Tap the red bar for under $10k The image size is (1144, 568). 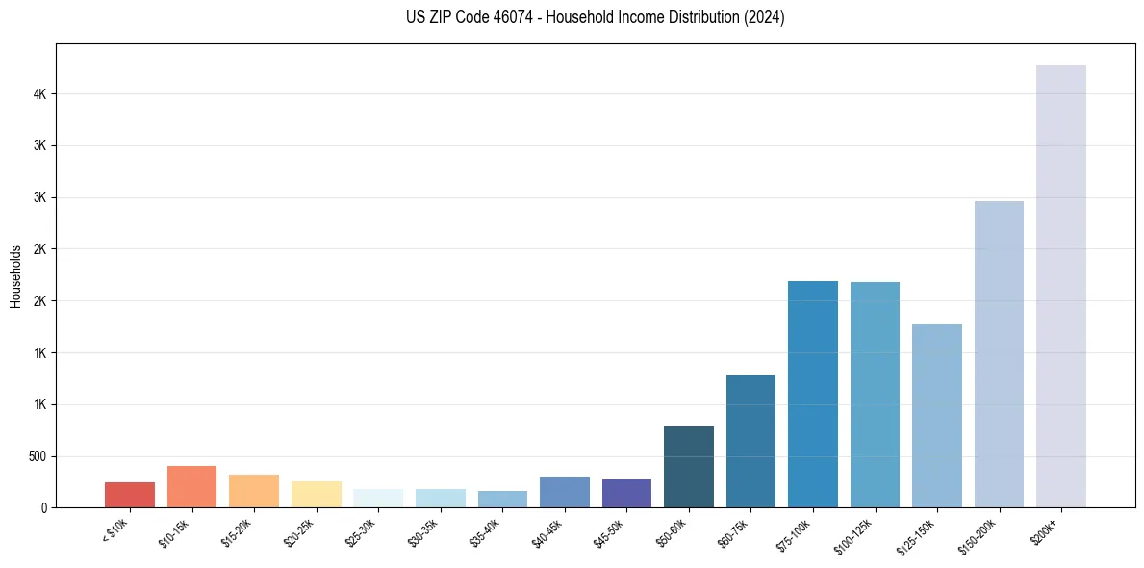[x=130, y=494]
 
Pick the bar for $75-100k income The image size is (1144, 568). [x=812, y=394]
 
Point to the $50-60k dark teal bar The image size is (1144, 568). [x=689, y=466]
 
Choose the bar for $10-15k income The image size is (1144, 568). [x=191, y=486]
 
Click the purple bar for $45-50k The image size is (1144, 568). [x=626, y=493]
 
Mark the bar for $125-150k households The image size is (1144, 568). [x=936, y=415]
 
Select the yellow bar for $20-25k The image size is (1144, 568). [x=316, y=494]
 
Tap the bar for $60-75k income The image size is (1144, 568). [x=750, y=441]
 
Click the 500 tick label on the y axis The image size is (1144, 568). [x=38, y=456]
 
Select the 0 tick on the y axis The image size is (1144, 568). [x=44, y=507]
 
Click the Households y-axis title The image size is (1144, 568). [x=15, y=276]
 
